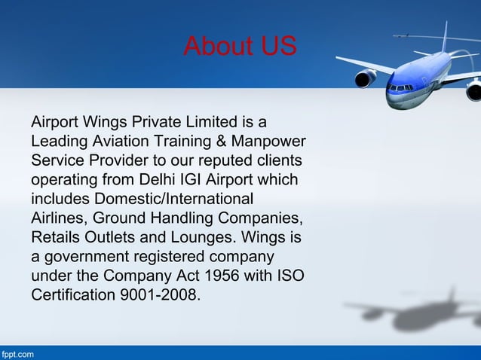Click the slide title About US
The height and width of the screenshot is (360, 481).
pos(240,47)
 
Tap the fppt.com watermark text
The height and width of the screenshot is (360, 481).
pos(17,353)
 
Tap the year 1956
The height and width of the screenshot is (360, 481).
pos(212,279)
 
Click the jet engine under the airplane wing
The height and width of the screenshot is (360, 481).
pos(366,78)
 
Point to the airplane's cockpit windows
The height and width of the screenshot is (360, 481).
pos(400,88)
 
